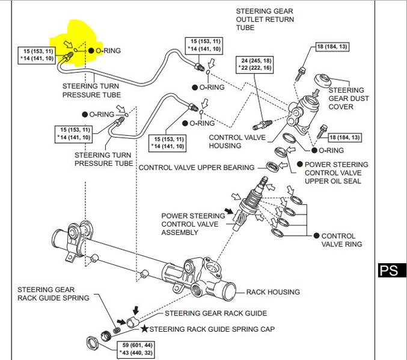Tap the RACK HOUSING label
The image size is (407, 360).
(x=273, y=292)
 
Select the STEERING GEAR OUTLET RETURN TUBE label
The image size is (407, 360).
(x=262, y=19)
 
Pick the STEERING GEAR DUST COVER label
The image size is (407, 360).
(x=349, y=98)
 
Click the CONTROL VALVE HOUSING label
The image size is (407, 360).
(x=234, y=141)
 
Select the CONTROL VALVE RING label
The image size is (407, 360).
(x=338, y=240)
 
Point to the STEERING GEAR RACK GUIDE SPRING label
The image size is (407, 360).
(x=53, y=293)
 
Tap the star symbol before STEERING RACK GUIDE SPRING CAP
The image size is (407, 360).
(x=144, y=329)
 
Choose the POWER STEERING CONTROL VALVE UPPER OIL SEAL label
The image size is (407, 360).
(x=336, y=172)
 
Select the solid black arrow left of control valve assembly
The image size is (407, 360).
(x=228, y=211)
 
